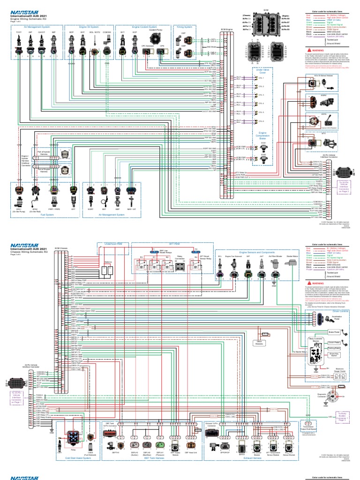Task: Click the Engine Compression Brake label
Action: tap(262, 136)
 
